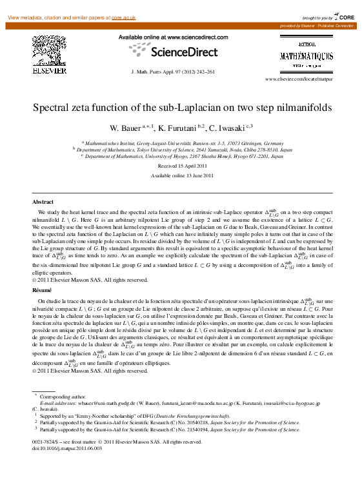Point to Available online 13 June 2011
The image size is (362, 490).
[181, 175]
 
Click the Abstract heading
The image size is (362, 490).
[43, 202]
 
